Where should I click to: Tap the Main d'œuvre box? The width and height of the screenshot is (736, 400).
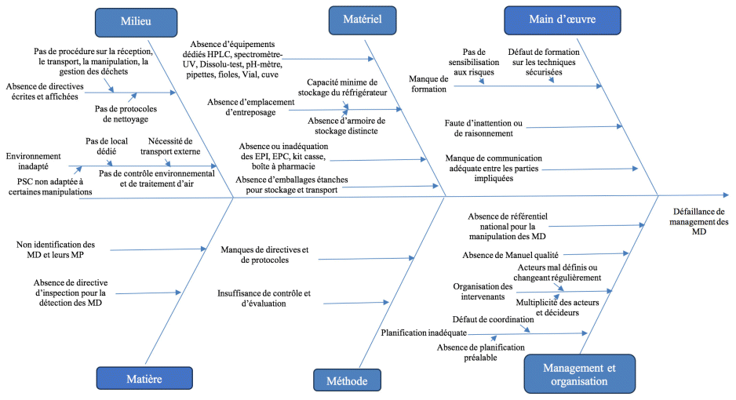[x=561, y=20]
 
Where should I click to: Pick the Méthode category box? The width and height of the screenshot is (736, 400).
[x=346, y=380]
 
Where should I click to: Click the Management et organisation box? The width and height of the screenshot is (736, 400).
[x=578, y=374]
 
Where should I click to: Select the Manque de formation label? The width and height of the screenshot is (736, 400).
[x=428, y=83]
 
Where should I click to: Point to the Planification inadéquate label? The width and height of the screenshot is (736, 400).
[x=418, y=333]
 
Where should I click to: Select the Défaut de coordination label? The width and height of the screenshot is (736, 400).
[x=490, y=319]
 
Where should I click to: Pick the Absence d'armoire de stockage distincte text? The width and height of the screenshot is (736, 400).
[x=346, y=125]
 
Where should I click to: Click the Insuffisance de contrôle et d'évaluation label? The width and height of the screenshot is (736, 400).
[x=264, y=298]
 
